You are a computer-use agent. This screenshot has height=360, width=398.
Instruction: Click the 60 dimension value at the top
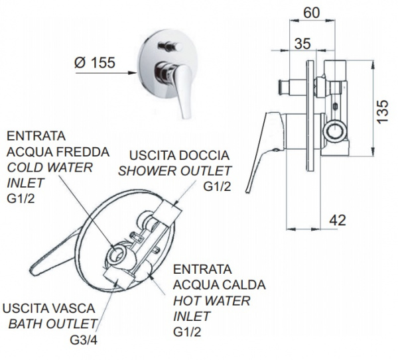312,13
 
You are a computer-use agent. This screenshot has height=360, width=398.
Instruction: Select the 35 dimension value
302,43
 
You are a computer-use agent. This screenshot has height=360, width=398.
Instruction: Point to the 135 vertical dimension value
382,111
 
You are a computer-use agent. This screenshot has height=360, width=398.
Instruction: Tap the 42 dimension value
338,220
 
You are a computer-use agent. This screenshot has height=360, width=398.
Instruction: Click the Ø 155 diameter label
95,62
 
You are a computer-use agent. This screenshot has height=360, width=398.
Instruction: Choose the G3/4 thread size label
84,340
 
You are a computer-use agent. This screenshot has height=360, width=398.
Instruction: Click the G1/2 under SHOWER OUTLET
217,187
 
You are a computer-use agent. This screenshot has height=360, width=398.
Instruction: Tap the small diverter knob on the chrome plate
170,46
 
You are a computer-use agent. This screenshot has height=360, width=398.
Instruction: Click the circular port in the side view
335,132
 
